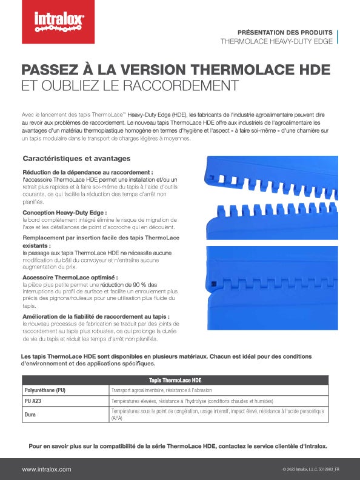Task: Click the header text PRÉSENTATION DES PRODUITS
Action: point(284,32)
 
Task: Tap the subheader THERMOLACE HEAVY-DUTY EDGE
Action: point(276,42)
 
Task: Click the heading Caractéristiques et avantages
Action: point(76,159)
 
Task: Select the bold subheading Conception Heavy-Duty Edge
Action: point(64,213)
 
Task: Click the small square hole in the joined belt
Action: point(213,283)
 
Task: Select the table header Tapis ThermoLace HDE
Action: point(175,380)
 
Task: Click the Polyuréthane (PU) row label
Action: point(44,390)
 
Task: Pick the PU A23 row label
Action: point(34,401)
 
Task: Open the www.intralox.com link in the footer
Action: point(47,469)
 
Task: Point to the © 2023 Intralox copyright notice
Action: point(310,469)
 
